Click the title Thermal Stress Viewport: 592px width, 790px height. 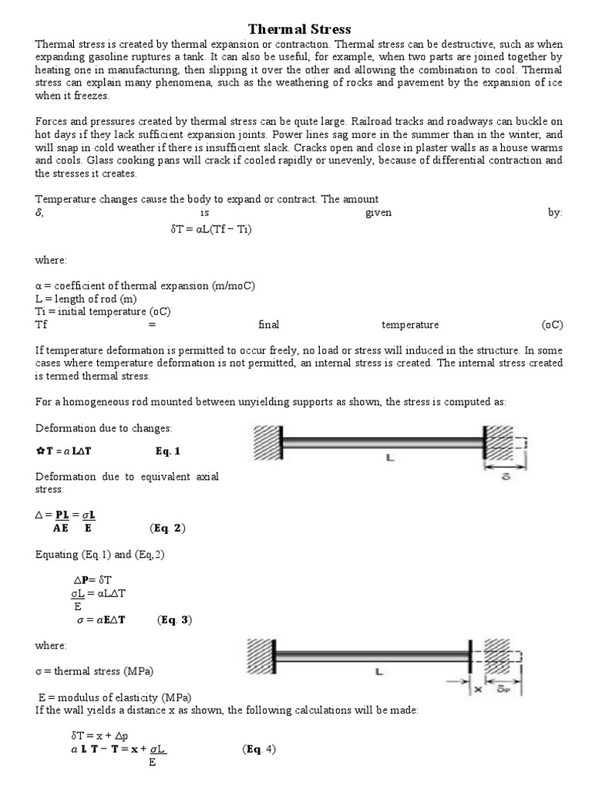(x=299, y=29)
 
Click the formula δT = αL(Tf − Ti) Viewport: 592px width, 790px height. (x=210, y=230)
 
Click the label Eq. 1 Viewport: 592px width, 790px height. (x=167, y=451)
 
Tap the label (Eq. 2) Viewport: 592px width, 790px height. (x=167, y=528)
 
